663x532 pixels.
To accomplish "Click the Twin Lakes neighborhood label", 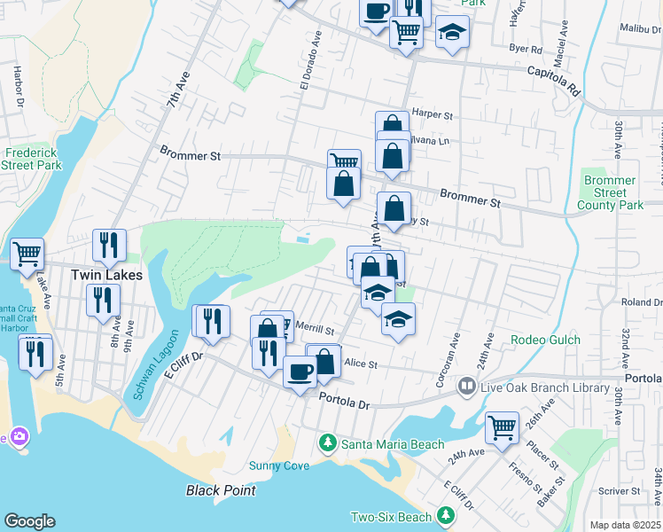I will point(106,275).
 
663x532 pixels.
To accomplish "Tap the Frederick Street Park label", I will point(31,159).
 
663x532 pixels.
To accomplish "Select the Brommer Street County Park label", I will point(610,192).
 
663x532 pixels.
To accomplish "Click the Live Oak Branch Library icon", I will point(466,387).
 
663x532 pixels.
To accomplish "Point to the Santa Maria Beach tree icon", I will point(328,442).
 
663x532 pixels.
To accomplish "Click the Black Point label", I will point(221,490).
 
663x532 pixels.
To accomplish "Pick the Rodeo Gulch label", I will point(545,340).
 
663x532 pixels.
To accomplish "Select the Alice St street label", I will point(361,364).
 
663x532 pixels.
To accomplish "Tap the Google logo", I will point(29,521).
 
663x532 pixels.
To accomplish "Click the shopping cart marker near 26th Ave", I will point(503,427).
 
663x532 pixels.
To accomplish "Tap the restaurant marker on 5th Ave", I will point(35,355).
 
